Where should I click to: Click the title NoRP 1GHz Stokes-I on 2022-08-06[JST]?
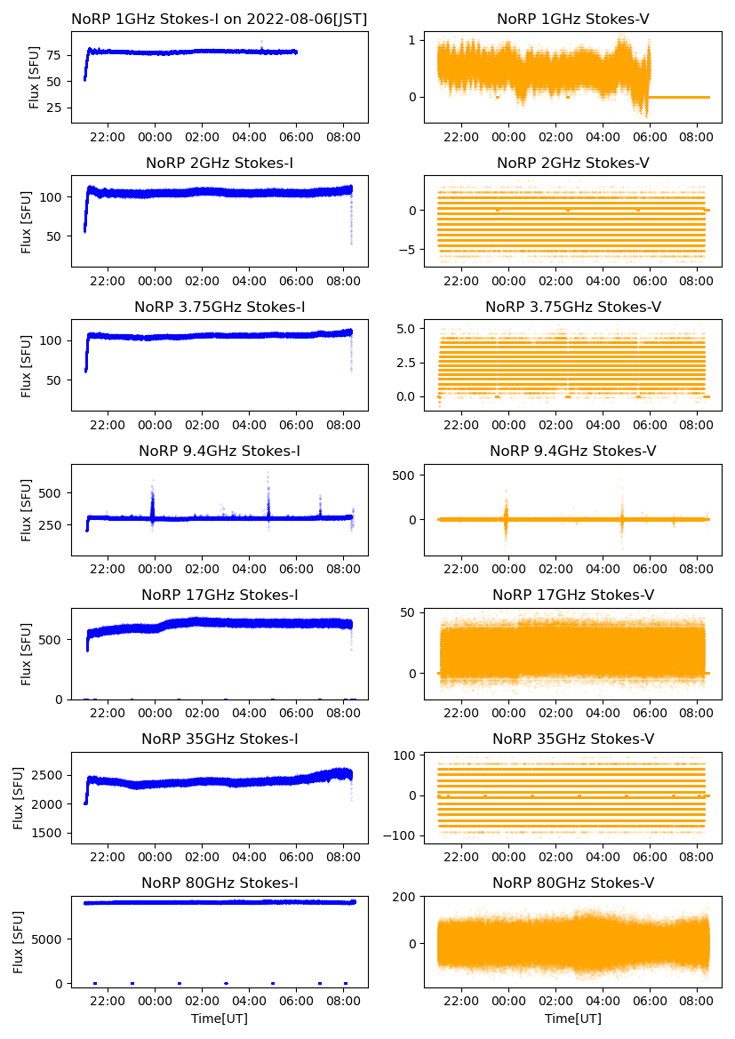tap(220, 19)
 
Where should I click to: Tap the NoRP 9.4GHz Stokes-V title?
tap(572, 452)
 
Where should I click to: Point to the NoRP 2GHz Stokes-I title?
tap(220, 163)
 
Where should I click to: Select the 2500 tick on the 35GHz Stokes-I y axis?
tap(46, 775)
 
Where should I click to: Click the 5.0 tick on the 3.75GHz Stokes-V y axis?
tap(405, 329)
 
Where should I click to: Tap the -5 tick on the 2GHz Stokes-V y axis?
tap(409, 250)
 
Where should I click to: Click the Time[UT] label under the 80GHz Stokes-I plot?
tap(220, 1019)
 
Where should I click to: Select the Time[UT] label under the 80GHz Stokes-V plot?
tap(572, 1019)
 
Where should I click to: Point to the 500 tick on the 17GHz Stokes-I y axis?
tap(52, 639)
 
